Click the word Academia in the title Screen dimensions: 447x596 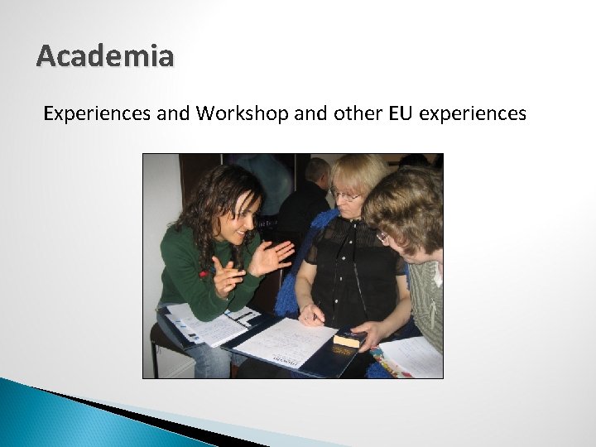coord(105,57)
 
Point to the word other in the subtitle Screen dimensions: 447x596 coord(357,113)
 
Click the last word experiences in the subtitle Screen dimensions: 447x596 coord(473,113)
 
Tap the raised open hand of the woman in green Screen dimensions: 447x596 coord(272,257)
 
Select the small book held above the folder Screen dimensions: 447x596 coord(348,339)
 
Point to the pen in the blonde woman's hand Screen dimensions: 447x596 coord(312,315)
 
